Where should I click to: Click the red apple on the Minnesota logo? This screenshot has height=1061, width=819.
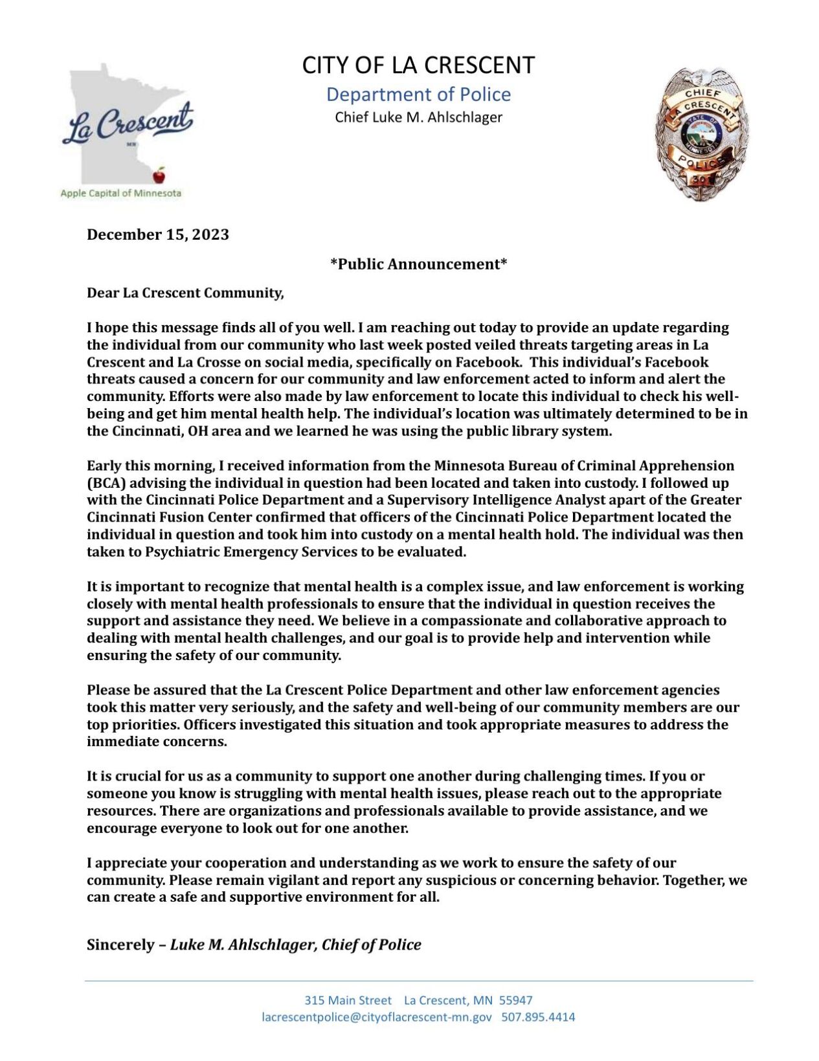click(159, 175)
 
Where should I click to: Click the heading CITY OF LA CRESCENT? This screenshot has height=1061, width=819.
click(418, 65)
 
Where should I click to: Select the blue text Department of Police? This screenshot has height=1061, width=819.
click(418, 95)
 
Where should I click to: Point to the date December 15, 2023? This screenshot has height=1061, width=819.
click(158, 234)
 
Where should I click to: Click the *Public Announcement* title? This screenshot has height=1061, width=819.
click(418, 264)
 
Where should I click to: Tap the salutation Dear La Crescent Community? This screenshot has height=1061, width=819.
click(185, 293)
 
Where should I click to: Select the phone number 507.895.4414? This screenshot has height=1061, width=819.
click(538, 1017)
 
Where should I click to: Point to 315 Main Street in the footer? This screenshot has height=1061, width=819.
click(348, 1000)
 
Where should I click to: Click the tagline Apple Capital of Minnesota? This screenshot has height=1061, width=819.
click(121, 193)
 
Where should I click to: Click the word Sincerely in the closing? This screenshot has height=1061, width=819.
click(119, 945)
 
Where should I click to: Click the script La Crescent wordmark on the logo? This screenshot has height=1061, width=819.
click(128, 123)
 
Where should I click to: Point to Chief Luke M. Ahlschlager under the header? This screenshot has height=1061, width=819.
click(418, 117)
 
